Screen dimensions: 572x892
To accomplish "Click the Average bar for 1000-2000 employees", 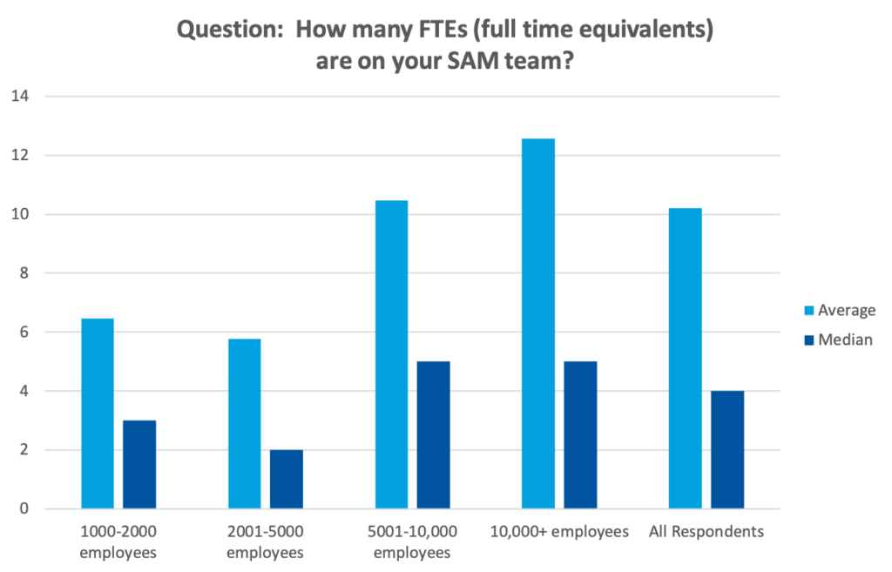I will click(x=97, y=413).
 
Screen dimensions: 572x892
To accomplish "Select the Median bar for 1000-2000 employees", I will click(x=139, y=464).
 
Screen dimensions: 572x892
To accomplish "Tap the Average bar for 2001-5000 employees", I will click(x=244, y=423).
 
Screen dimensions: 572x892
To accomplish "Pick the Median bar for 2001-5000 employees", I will click(x=287, y=479).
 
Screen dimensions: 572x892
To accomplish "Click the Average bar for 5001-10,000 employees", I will click(x=391, y=353).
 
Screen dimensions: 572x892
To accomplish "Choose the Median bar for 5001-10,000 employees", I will click(x=433, y=434).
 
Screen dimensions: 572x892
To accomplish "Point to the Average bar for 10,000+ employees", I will click(x=537, y=323).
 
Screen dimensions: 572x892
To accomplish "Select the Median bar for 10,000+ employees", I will click(x=580, y=434).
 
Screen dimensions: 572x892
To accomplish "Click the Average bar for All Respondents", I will click(x=685, y=358).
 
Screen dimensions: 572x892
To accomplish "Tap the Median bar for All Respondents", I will click(x=727, y=449).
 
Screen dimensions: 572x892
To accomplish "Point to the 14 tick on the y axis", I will click(x=19, y=97).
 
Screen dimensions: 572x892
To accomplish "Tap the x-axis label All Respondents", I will click(x=706, y=532).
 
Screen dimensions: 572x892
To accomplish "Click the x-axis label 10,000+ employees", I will click(x=559, y=532).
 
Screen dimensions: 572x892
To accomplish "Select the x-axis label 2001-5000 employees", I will click(x=265, y=542).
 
